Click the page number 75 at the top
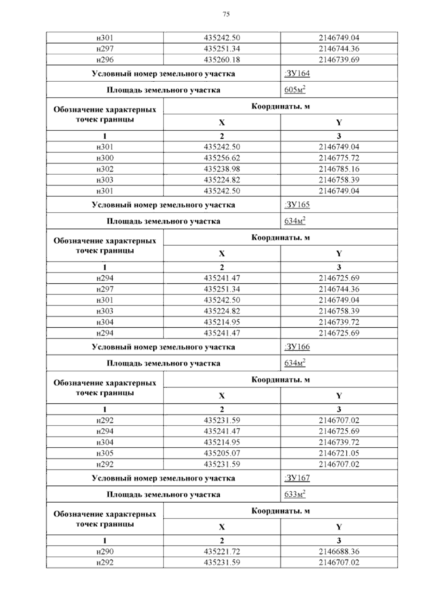pos(226,14)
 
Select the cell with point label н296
pos(105,59)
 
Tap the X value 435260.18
pos(222,59)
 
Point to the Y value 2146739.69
pos(339,59)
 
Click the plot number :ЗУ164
pos(297,74)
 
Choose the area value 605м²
pos(295,90)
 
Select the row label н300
pos(105,158)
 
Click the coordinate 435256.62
pos(222,158)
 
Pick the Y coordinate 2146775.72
pos(339,158)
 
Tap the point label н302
pos(105,169)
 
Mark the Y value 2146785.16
pos(339,169)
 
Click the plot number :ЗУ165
pos(297,205)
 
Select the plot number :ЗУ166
pos(297,347)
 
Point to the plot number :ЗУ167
pos(297,478)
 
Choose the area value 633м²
pos(295,494)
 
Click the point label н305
pos(105,453)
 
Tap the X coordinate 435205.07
pos(222,453)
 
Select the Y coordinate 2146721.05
pos(339,453)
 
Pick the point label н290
pos(105,551)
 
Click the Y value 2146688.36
pos(339,551)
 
